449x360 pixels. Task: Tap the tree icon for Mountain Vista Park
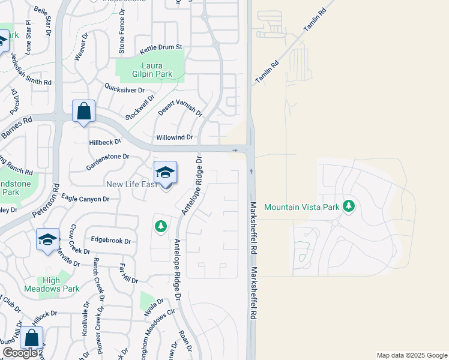click(349, 206)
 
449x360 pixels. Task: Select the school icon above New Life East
click(165, 172)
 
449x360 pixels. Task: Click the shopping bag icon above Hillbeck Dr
click(84, 111)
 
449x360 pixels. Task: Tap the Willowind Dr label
click(174, 137)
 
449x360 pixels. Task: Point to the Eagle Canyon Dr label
click(85, 199)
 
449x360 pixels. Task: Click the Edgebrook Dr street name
click(110, 240)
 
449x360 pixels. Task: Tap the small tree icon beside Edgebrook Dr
click(160, 226)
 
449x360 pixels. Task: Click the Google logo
click(20, 353)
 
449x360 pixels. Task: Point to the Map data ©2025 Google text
click(411, 355)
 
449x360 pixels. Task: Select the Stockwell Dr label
click(140, 106)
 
